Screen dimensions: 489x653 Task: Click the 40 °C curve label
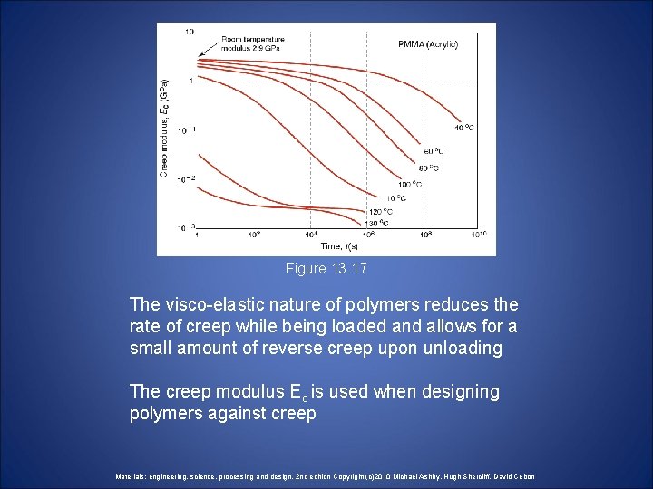tap(463, 129)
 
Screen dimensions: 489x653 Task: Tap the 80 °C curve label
tap(428, 168)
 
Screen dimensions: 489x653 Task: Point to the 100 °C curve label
tap(411, 184)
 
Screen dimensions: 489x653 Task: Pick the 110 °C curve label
tap(394, 198)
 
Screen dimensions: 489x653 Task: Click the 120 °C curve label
tap(380, 212)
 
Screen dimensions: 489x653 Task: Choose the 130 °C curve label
tap(376, 223)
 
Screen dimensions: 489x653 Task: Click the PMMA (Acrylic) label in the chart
tap(428, 44)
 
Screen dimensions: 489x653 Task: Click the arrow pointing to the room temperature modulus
tap(210, 49)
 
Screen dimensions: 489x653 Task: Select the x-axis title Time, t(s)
tap(338, 245)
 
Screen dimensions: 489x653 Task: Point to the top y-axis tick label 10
tap(189, 32)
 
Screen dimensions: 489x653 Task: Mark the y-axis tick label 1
tap(191, 81)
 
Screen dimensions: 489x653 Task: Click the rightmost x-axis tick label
tap(480, 235)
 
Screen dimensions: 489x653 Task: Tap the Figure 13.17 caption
tap(326, 269)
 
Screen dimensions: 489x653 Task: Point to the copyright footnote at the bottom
tap(326, 476)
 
